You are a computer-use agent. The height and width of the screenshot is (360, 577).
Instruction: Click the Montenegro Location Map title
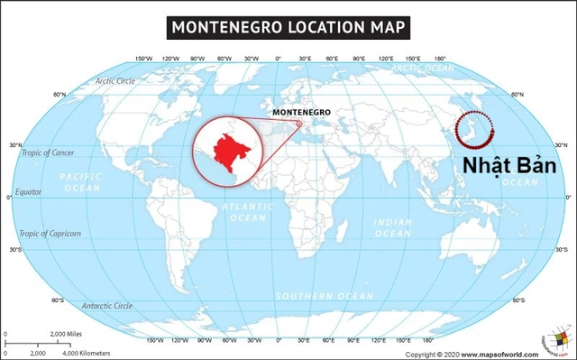click(x=288, y=27)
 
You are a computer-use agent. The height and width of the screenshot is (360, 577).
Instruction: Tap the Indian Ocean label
click(x=392, y=226)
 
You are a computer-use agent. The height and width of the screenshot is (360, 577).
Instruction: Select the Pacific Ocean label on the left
click(x=81, y=182)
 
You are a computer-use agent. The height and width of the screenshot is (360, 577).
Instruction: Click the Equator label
click(x=29, y=192)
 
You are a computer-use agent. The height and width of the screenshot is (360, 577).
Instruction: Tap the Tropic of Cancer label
click(x=49, y=152)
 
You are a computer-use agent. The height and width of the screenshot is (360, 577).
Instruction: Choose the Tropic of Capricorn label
click(x=50, y=233)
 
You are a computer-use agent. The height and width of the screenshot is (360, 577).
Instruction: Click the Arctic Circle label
click(x=115, y=81)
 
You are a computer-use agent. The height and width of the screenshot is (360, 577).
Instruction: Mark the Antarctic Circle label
click(x=107, y=306)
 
